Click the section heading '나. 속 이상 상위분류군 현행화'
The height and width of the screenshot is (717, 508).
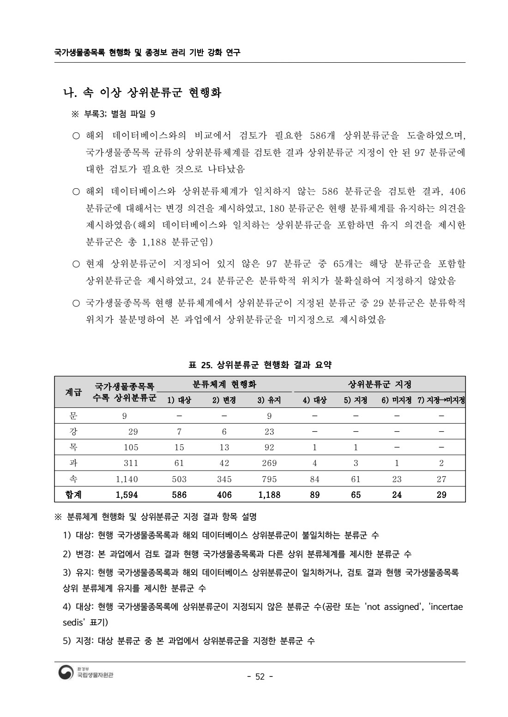point(142,93)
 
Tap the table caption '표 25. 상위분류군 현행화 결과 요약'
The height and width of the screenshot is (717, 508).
point(260,365)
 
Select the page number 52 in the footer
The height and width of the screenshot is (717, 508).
point(260,676)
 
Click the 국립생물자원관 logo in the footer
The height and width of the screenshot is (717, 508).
point(86,674)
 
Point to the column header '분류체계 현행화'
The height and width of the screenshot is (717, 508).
point(224,384)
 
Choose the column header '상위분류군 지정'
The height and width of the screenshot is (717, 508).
point(379,384)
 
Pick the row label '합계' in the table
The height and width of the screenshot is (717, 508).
point(73,495)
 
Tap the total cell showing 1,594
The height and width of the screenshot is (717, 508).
point(127,495)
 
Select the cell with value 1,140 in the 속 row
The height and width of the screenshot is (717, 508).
point(127,479)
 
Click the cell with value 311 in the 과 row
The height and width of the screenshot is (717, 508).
point(131,463)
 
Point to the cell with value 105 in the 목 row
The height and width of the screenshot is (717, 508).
point(131,447)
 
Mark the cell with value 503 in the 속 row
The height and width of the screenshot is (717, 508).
point(179,479)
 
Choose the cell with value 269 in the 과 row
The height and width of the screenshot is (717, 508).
point(269,463)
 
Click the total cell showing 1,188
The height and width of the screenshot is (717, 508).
point(269,495)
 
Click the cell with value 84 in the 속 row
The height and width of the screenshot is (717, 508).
point(314,479)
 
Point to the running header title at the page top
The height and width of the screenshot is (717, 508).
point(147,53)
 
